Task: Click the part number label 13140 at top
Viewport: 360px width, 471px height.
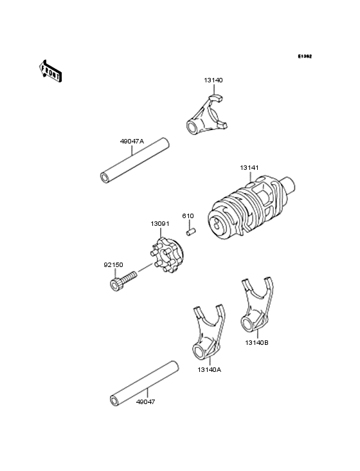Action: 214,80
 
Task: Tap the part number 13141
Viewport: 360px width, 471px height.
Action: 249,167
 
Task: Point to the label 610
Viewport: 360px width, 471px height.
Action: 188,216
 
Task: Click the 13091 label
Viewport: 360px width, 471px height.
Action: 160,224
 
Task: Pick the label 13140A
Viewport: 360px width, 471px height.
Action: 210,370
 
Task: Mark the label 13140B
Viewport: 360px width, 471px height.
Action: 257,343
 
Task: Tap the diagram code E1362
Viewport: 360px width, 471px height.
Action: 304,57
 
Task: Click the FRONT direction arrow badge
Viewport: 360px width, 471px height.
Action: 51,70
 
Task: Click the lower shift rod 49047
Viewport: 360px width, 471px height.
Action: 144,383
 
